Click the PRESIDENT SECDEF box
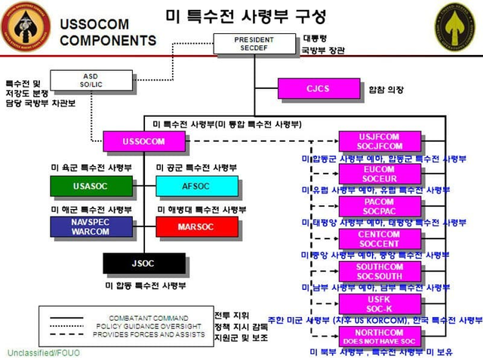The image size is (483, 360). [254, 44]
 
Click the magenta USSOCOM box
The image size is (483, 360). [144, 140]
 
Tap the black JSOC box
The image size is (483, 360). [143, 263]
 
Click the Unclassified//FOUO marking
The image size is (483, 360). [43, 352]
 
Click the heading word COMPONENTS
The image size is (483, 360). [107, 40]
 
